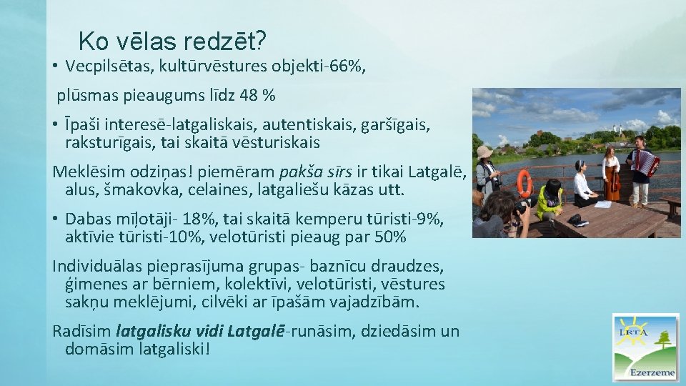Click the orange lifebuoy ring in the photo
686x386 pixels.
[525, 183]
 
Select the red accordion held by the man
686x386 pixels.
[645, 163]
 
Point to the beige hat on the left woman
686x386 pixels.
[485, 152]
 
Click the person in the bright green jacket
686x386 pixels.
[550, 201]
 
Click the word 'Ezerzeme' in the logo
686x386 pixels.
[651, 372]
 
